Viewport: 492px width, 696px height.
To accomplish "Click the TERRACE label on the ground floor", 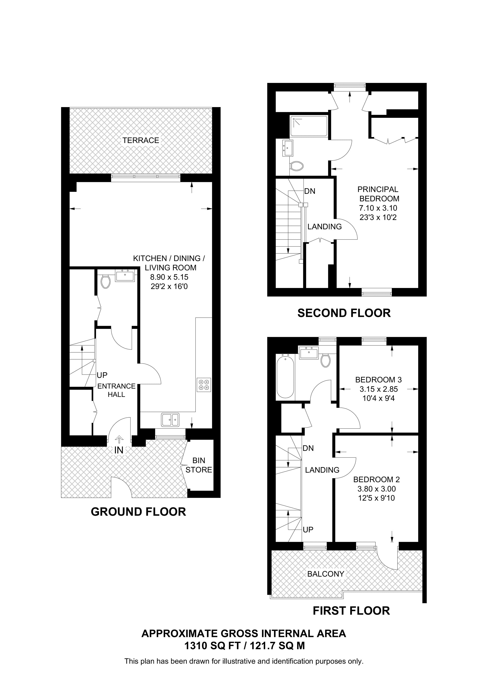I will click(x=141, y=140).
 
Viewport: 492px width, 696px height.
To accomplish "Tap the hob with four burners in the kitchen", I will click(x=204, y=385).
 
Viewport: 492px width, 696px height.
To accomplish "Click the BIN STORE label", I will click(x=199, y=465).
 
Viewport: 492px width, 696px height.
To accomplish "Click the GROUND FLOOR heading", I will click(x=138, y=512).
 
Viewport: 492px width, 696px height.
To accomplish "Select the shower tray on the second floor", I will click(x=309, y=126).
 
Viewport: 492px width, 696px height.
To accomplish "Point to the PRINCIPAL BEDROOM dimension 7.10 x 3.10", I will click(x=378, y=208).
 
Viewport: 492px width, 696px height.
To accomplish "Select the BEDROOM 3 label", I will click(x=378, y=380).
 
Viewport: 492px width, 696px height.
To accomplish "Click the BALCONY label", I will click(x=326, y=574).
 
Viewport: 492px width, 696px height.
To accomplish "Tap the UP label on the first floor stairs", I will click(x=308, y=530).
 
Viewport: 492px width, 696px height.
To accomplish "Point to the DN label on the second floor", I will click(x=310, y=191).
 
